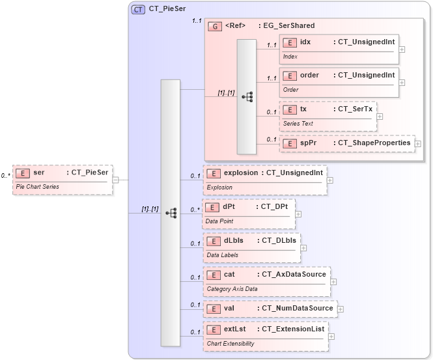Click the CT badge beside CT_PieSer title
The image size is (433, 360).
[138, 10]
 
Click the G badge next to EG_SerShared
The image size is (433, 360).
[215, 26]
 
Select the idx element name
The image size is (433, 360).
[305, 42]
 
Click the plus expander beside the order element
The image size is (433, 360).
[402, 83]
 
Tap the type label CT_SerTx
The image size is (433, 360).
[355, 109]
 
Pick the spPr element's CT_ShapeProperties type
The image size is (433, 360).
[373, 143]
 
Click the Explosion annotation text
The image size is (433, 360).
[219, 187]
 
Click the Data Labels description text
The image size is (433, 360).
[222, 255]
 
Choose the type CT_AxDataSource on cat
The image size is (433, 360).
[292, 275]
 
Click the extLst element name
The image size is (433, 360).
[234, 329]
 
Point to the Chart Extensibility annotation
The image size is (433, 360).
[230, 343]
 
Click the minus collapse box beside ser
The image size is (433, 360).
[115, 180]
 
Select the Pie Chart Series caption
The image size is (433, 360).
[37, 186]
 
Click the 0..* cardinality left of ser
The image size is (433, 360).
[5, 176]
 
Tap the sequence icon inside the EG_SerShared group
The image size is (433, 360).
[247, 96]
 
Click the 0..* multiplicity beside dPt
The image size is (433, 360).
[195, 210]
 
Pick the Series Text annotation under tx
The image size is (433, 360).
[298, 123]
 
